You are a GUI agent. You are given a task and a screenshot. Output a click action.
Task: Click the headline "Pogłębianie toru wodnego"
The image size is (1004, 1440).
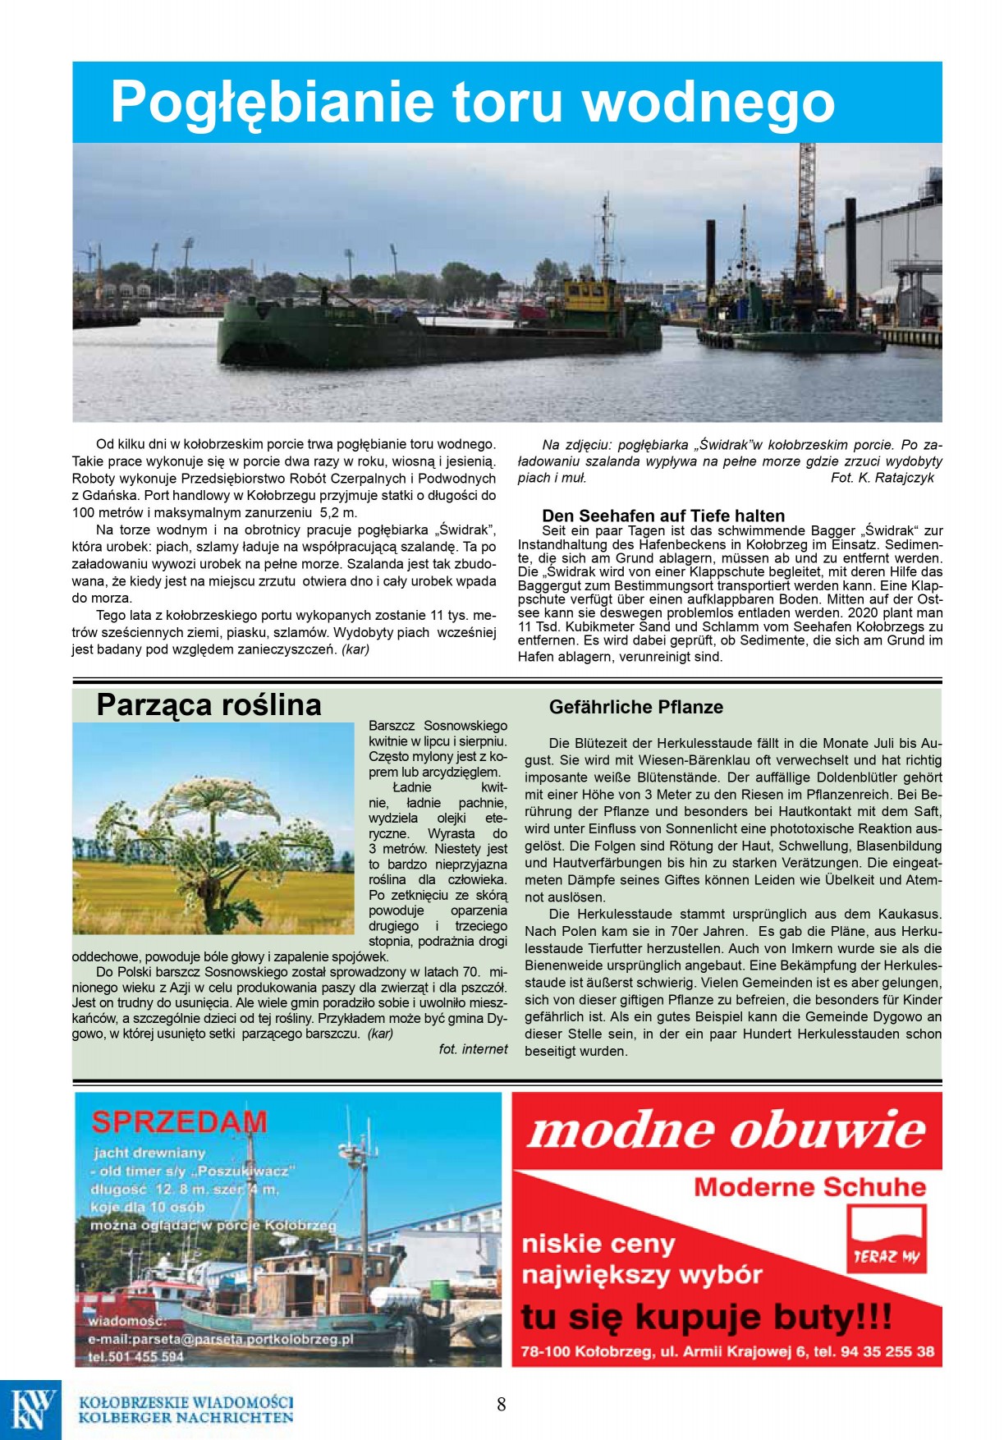[x=472, y=102]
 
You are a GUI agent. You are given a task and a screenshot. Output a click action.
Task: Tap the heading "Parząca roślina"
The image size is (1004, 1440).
[x=209, y=704]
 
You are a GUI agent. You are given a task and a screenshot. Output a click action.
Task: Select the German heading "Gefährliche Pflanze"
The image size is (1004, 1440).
[x=635, y=707]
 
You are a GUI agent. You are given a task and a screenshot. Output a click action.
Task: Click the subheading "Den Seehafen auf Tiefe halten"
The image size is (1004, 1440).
[x=662, y=516]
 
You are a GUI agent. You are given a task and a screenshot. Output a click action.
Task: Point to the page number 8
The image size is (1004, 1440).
[x=502, y=1404]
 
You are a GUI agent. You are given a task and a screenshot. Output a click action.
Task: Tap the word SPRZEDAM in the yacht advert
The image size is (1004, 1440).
[x=179, y=1121]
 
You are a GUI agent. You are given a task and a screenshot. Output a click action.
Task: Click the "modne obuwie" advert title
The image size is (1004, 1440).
[x=726, y=1130]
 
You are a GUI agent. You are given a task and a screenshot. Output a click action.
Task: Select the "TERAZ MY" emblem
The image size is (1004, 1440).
[x=886, y=1239]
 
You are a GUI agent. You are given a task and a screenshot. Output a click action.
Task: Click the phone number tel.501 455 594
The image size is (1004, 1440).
[x=135, y=1357]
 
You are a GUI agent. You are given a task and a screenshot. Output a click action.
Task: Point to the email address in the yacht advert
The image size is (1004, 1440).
[x=220, y=1339]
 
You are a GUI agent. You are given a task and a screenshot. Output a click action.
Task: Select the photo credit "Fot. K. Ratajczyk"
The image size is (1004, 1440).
[x=882, y=478]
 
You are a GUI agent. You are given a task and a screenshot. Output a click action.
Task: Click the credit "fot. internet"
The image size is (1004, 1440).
[x=473, y=1049]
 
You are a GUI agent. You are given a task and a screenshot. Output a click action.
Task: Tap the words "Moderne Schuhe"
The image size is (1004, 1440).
[x=809, y=1186]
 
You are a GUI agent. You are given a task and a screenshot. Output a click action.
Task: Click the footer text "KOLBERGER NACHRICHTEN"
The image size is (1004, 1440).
[x=186, y=1418]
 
